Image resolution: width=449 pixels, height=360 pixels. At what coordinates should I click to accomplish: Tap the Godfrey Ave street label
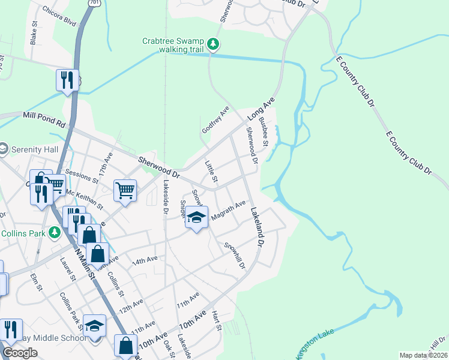click(x=215, y=120)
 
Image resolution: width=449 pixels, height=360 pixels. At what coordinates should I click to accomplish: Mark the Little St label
click(x=211, y=172)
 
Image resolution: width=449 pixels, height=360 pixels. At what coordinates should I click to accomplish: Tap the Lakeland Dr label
click(x=257, y=227)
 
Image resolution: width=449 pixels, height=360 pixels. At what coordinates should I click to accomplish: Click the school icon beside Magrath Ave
click(x=196, y=217)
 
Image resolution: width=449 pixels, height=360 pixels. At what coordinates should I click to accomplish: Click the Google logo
click(x=20, y=353)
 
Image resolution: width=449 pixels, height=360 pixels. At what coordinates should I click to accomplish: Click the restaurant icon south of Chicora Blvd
click(x=67, y=80)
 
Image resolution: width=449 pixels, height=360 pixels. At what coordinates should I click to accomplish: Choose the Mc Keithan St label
click(x=85, y=199)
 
